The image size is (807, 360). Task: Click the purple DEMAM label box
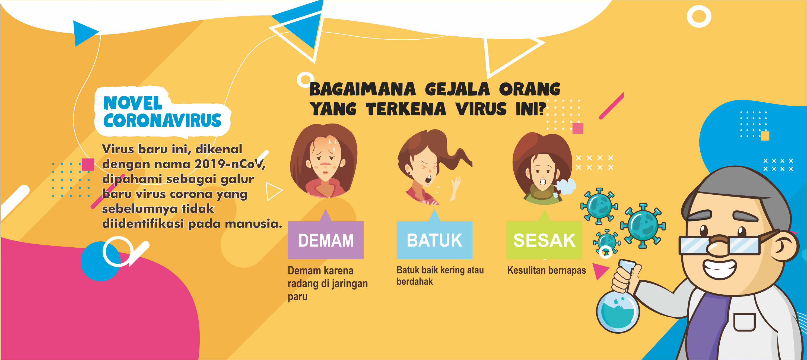pyautogui.click(x=326, y=240)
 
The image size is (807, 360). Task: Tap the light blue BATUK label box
pyautogui.click(x=434, y=240)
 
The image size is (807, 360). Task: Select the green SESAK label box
pyautogui.click(x=544, y=240)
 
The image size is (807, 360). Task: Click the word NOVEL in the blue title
pyautogui.click(x=133, y=103)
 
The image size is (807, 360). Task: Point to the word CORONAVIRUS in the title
pyautogui.click(x=162, y=120)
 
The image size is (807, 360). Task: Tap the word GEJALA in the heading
pyautogui.click(x=457, y=89)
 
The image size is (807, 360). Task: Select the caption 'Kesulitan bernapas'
pyautogui.click(x=546, y=270)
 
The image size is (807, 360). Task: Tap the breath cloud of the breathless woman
pyautogui.click(x=565, y=187)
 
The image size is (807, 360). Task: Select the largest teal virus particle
pyautogui.click(x=643, y=226)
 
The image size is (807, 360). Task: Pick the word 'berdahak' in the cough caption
pyautogui.click(x=414, y=281)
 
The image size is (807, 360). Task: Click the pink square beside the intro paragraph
pyautogui.click(x=88, y=165)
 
